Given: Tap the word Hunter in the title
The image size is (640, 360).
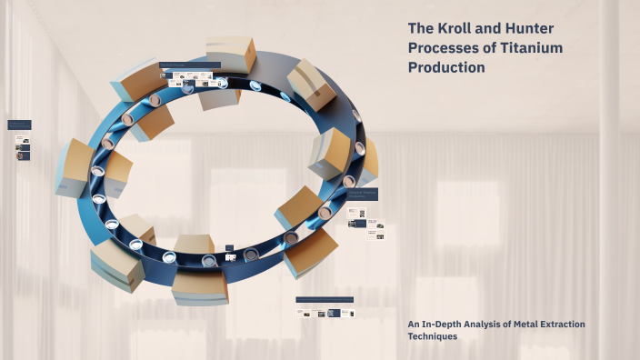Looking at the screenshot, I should click(529, 28).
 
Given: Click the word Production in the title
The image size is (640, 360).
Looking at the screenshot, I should click(446, 67).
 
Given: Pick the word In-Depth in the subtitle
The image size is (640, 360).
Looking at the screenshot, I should click(444, 324).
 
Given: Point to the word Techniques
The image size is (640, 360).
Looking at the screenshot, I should click(432, 336).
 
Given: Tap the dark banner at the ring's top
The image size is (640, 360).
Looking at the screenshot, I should click(190, 65).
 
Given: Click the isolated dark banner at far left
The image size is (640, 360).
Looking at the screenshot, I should click(19, 125).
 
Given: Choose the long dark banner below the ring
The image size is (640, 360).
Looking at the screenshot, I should click(325, 299).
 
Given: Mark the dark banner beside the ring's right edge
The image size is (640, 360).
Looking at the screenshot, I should click(362, 194).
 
